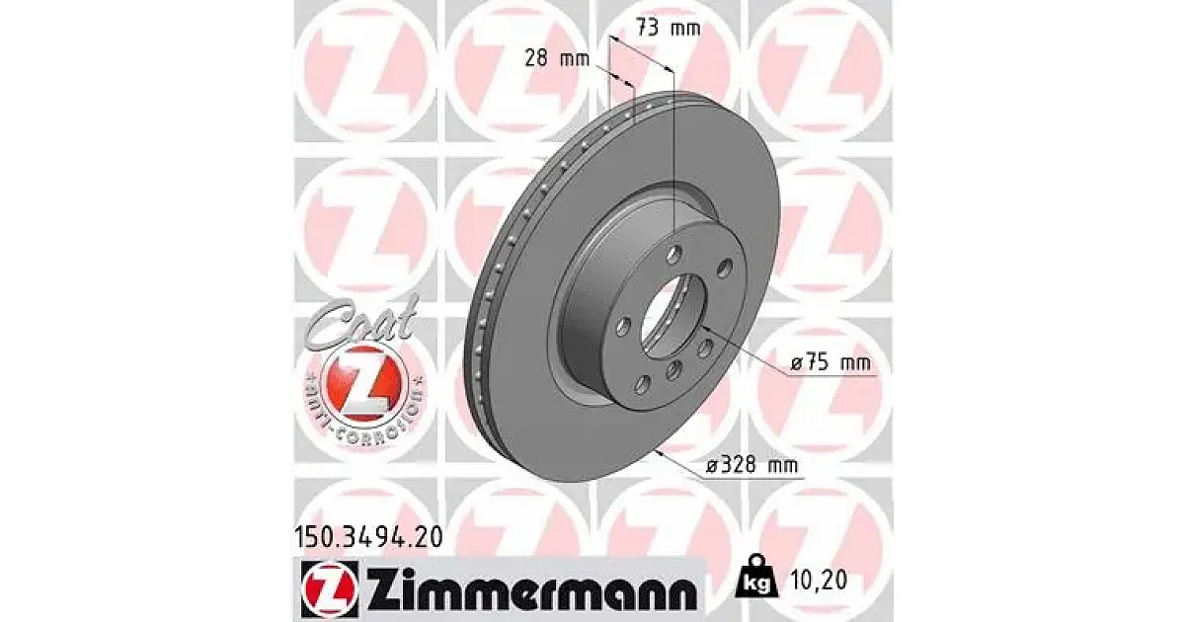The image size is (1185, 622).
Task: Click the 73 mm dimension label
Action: click(669, 28)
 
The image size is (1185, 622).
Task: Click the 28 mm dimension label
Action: click(557, 58)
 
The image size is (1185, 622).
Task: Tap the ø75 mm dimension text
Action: click(831, 363)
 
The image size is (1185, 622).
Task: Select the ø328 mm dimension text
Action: click(752, 465)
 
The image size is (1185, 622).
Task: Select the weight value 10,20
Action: click(818, 581)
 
